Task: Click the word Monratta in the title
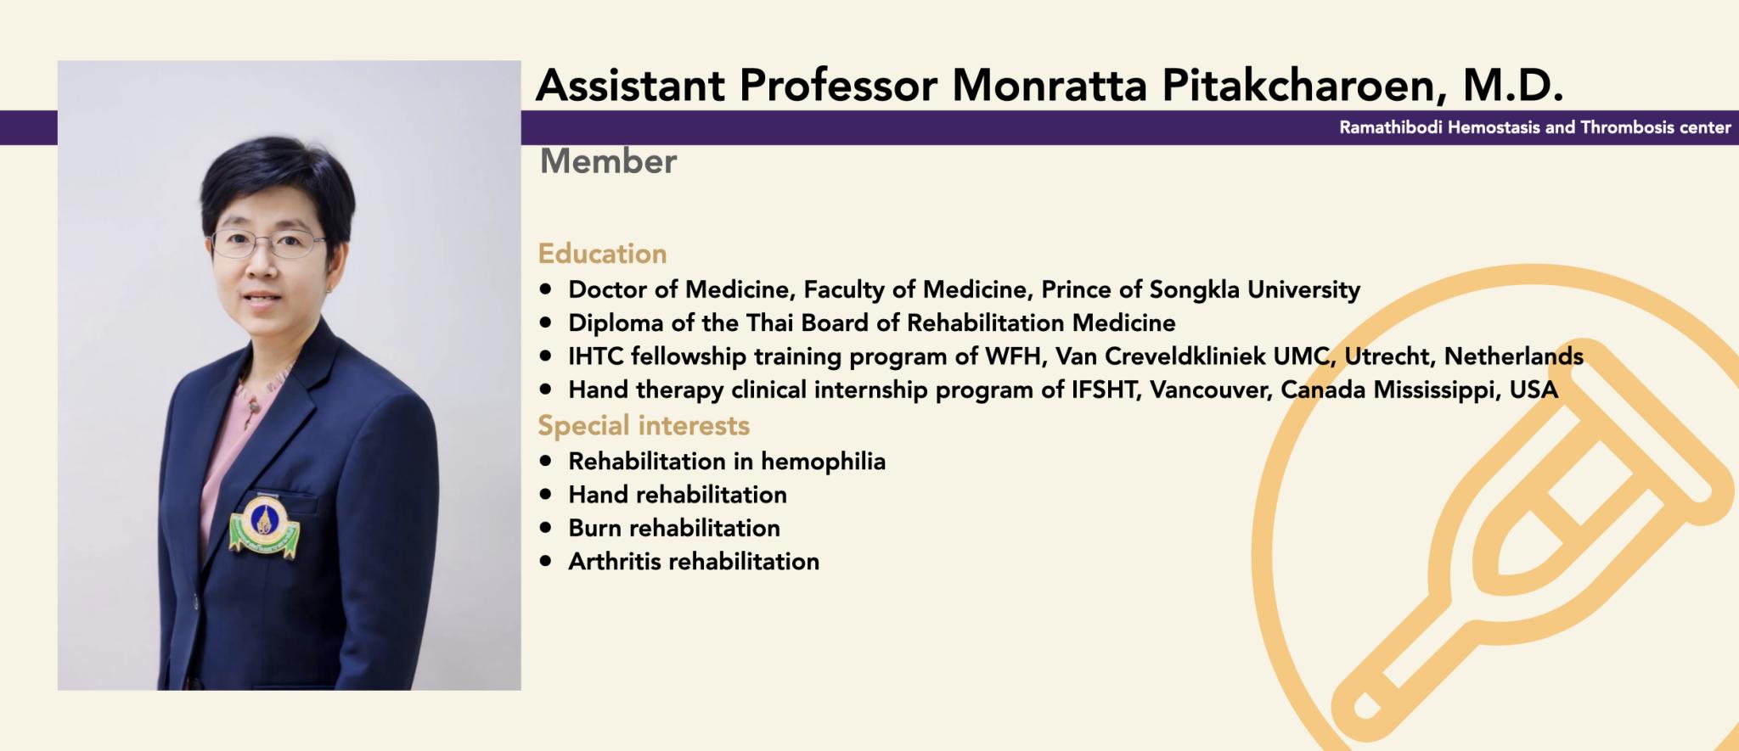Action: tap(1049, 85)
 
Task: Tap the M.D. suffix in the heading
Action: tap(1513, 85)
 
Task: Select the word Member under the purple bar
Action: tap(608, 161)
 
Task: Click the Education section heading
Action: tap(602, 254)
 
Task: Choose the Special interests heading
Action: tap(644, 425)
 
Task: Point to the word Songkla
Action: tap(1194, 290)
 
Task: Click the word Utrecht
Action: tap(1390, 356)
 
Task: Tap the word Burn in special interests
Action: tap(595, 528)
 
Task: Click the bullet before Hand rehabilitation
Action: tap(546, 494)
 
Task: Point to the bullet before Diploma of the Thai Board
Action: tap(546, 322)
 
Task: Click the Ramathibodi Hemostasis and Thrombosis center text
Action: tap(1535, 128)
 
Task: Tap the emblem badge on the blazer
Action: tap(265, 526)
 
